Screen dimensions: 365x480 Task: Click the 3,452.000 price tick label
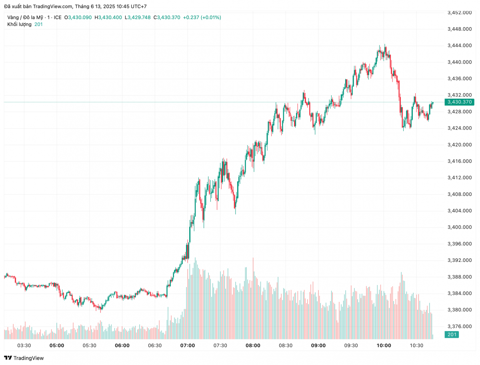(x=459, y=13)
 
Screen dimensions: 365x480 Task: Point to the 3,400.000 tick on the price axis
(x=459, y=227)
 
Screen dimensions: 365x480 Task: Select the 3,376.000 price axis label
(x=459, y=326)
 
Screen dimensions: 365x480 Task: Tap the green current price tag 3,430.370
(x=460, y=102)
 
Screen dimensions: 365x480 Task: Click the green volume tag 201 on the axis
(x=452, y=335)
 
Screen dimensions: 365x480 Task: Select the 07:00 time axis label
(x=188, y=345)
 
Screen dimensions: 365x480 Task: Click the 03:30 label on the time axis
(x=24, y=345)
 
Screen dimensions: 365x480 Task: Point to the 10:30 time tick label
(x=416, y=345)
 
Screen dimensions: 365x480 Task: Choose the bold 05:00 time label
(x=56, y=345)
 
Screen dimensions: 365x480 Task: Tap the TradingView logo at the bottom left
(x=24, y=358)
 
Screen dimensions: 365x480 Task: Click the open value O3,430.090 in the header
(x=80, y=18)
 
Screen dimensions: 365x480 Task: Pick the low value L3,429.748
(x=138, y=18)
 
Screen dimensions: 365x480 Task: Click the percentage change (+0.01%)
(x=211, y=18)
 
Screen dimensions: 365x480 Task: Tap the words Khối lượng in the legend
(x=19, y=24)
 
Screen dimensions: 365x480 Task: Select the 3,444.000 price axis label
(x=459, y=46)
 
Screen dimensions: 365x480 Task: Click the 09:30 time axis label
(x=351, y=345)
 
